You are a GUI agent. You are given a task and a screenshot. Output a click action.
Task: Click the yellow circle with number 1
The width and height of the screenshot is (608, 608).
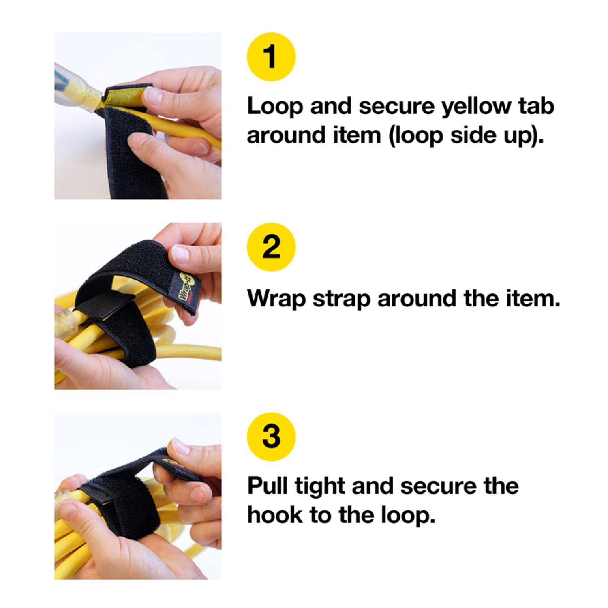click(x=271, y=57)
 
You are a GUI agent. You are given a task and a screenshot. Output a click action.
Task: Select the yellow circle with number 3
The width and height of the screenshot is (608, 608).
click(x=271, y=437)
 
